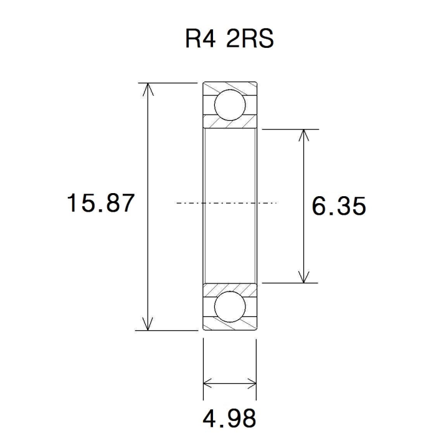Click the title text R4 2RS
coord(229,39)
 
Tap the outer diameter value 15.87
coord(101,203)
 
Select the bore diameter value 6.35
coord(339,206)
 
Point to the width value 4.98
coord(229,418)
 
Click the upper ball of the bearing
coord(230,105)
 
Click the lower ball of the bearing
coord(230,306)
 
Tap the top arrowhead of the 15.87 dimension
coord(148,89)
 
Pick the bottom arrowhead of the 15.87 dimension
coord(148,324)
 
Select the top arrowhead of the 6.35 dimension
coord(304,135)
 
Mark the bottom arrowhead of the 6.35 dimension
coord(304,277)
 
